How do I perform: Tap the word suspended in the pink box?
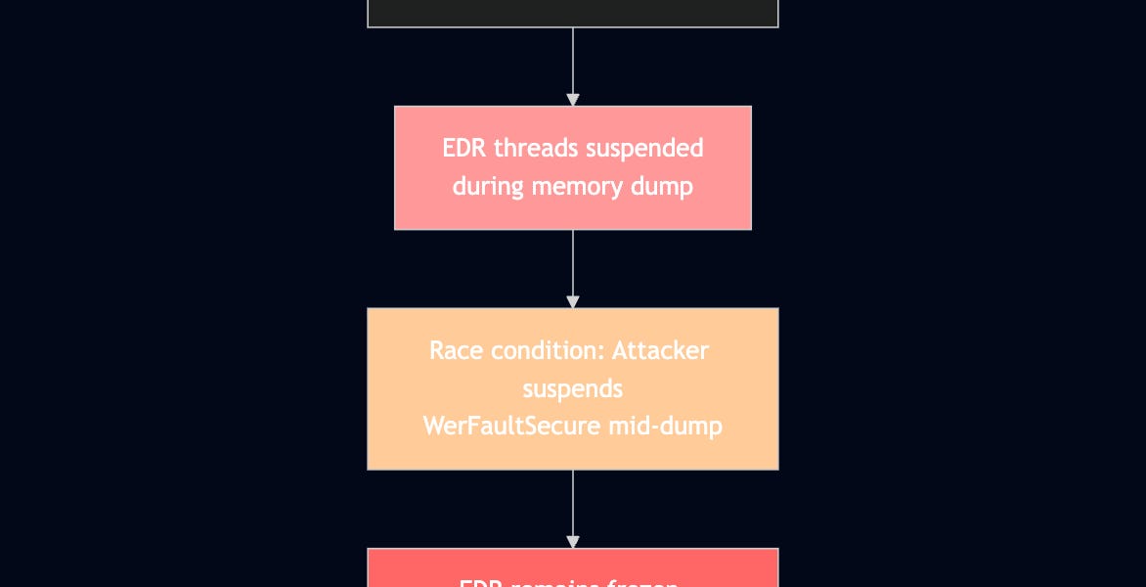click(646, 149)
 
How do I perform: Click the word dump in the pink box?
click(668, 186)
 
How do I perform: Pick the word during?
click(488, 186)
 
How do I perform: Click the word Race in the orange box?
click(455, 350)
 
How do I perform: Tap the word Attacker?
click(664, 350)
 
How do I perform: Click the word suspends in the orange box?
click(573, 388)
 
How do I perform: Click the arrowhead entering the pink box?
click(573, 100)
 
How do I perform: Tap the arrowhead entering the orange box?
click(573, 302)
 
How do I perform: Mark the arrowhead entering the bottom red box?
click(573, 542)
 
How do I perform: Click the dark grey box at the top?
click(573, 13)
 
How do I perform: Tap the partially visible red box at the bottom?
click(573, 568)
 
